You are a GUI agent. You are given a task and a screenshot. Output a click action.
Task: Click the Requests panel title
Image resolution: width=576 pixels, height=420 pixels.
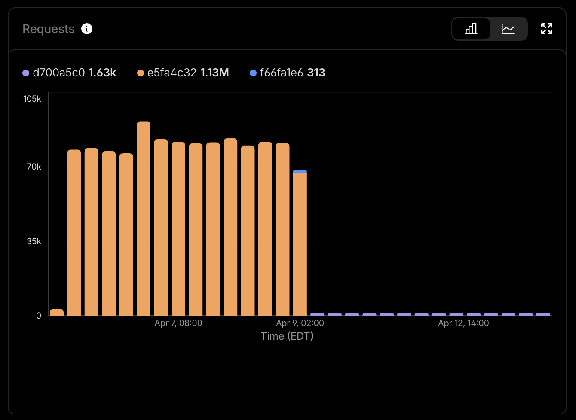click(x=48, y=29)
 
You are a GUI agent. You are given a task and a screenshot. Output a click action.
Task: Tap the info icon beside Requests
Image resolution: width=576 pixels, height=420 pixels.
click(x=87, y=29)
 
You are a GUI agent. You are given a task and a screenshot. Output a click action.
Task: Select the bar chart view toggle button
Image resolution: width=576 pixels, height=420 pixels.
click(x=471, y=29)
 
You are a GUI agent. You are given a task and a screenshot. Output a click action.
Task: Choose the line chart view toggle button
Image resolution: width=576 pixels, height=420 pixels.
click(x=508, y=29)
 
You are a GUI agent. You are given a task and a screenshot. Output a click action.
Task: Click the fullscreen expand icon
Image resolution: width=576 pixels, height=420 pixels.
click(x=546, y=29)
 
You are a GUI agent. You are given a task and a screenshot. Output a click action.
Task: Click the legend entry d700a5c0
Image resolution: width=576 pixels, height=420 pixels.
click(x=58, y=73)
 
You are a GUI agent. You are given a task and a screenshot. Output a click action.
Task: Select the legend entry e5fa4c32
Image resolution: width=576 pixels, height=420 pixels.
click(x=172, y=73)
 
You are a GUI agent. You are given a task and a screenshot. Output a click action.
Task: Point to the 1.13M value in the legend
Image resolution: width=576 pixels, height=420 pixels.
click(x=214, y=73)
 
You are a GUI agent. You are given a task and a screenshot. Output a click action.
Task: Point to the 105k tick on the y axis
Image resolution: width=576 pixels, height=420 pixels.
click(x=32, y=99)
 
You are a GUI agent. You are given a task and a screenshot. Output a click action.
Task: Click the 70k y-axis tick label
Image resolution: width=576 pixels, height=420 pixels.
click(x=34, y=167)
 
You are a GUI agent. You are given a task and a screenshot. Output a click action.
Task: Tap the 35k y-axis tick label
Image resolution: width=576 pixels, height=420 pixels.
click(x=34, y=241)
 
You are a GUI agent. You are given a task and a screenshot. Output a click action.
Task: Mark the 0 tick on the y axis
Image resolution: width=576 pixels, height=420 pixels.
click(x=39, y=316)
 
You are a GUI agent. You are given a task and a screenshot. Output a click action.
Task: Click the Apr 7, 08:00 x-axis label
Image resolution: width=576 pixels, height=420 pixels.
click(x=178, y=323)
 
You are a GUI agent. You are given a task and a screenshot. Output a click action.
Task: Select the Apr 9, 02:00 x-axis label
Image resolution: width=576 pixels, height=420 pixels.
click(x=300, y=323)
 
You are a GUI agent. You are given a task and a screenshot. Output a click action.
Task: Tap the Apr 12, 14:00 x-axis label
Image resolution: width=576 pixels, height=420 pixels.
click(x=463, y=323)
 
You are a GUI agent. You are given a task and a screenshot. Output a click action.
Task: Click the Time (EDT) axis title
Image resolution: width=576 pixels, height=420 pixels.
click(x=287, y=336)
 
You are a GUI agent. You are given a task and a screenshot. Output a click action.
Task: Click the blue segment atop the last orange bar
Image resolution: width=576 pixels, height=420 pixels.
click(x=300, y=172)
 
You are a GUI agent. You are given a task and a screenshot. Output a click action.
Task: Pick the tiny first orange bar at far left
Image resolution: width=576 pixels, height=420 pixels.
click(x=57, y=312)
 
